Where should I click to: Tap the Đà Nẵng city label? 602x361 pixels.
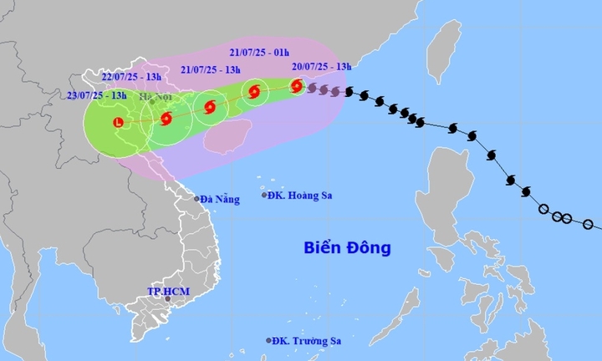221,199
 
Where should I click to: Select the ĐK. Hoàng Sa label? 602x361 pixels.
301,196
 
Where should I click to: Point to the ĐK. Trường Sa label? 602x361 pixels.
308,341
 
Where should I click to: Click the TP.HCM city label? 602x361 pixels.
166,291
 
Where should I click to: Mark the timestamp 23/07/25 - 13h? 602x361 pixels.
98,96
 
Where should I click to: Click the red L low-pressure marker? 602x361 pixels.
117,124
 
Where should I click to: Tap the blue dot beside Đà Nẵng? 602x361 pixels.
198,199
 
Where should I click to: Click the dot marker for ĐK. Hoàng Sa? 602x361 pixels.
264,196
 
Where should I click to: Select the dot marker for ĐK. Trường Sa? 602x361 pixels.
269,341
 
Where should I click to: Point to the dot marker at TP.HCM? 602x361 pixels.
167,299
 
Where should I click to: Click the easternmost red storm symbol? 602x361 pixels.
298,85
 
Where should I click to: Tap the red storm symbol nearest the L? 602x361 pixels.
166,119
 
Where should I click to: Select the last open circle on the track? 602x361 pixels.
588,224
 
